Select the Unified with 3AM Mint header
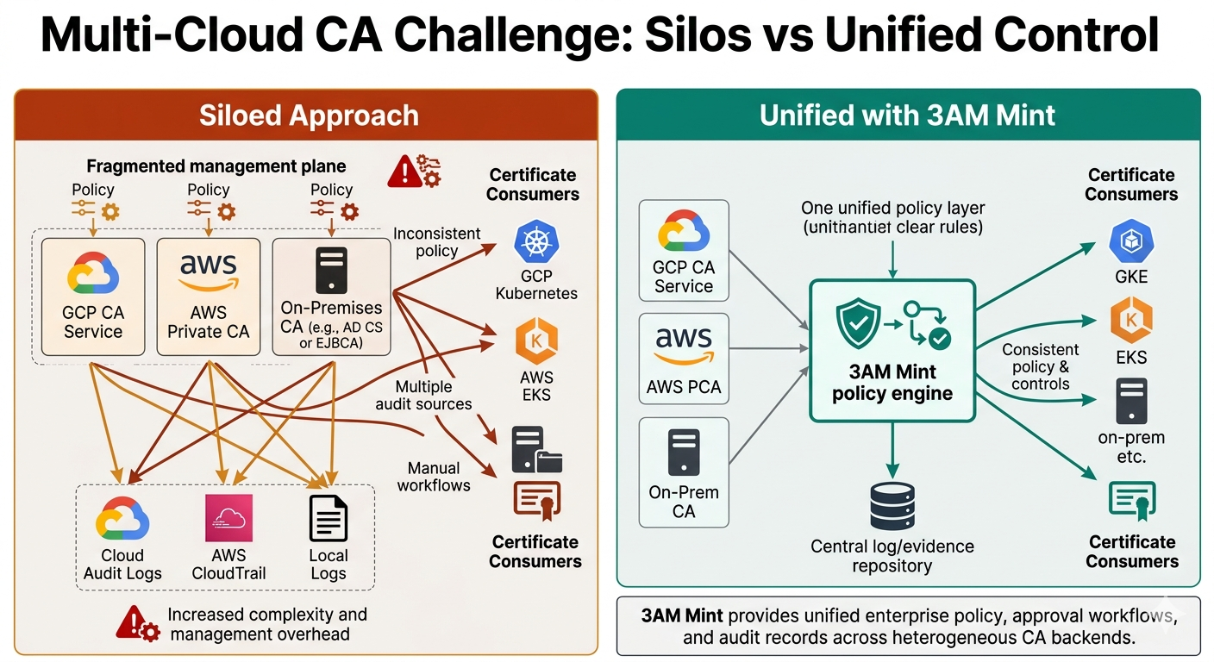(907, 116)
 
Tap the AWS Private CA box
(208, 297)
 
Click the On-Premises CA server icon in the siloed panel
(331, 271)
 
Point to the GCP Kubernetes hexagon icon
(536, 242)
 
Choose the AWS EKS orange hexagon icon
(536, 340)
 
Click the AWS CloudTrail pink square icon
(228, 518)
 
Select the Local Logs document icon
(328, 518)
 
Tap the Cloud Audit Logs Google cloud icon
(122, 518)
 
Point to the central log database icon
(892, 507)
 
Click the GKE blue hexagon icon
(1131, 242)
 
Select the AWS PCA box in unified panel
(684, 359)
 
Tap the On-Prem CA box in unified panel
(684, 472)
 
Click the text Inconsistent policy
(437, 241)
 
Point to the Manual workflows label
(434, 477)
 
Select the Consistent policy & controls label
(1040, 366)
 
